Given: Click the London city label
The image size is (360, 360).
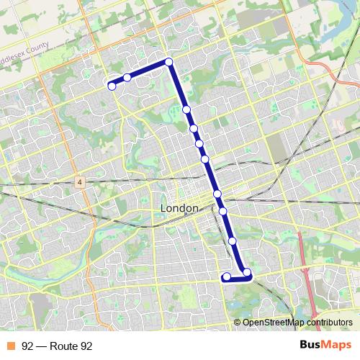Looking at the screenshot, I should [179, 208].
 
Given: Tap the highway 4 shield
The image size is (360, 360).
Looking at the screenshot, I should [78, 183].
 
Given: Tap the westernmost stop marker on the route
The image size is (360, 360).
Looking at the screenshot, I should [112, 86].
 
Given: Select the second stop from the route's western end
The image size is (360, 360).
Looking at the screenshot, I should [127, 78].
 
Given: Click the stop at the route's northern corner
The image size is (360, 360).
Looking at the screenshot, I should [169, 62].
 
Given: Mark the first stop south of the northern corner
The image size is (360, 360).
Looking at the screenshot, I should [186, 109].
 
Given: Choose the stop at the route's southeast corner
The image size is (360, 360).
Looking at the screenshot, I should [247, 273].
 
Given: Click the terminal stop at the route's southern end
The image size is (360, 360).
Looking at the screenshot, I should [226, 276].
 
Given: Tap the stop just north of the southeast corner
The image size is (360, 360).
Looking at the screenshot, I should [233, 241].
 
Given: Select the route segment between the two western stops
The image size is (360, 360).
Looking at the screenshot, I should [120, 81].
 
